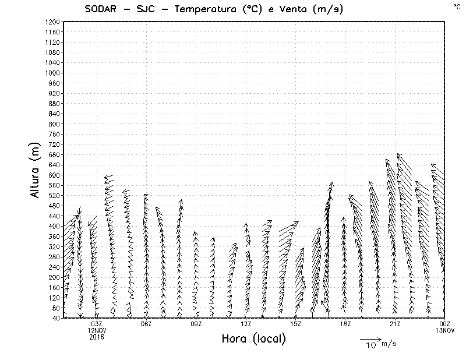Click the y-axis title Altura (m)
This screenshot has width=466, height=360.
click(36, 170)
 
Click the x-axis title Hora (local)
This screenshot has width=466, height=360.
click(253, 339)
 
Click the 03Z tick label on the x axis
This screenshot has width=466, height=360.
click(97, 323)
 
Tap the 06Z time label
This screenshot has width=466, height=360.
click(146, 323)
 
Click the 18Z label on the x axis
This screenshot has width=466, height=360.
click(345, 323)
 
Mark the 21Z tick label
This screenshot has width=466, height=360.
click(395, 323)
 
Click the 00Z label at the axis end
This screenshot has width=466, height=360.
click(445, 323)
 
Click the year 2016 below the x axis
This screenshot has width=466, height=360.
click(97, 336)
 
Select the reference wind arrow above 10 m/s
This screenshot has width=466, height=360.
click(370, 338)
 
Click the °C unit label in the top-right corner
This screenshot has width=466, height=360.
click(457, 6)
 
